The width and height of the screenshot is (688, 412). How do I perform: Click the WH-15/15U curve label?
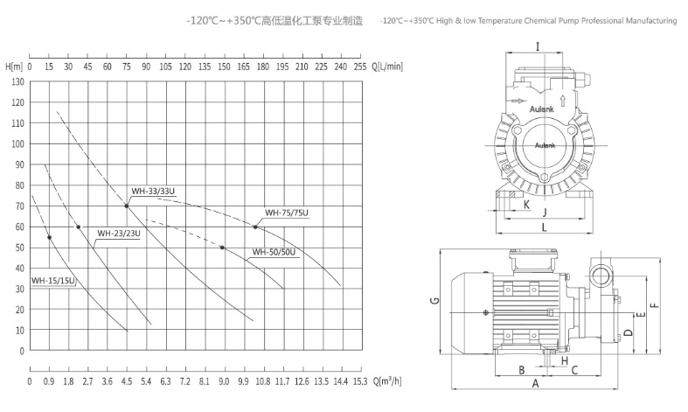(x=53, y=281)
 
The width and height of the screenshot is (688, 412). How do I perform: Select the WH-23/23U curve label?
(x=118, y=234)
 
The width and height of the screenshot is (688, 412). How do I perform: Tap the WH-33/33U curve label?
(x=152, y=191)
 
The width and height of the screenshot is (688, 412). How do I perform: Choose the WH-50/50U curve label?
(x=274, y=253)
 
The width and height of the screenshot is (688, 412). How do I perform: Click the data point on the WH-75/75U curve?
(x=256, y=227)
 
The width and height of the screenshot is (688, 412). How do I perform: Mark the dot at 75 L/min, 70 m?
(x=127, y=206)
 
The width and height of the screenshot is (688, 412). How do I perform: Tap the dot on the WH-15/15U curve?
(x=49, y=237)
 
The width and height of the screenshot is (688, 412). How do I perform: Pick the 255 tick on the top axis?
(x=359, y=66)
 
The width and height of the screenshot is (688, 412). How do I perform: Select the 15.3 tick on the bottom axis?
(x=359, y=381)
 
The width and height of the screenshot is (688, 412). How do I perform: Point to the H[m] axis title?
(x=13, y=66)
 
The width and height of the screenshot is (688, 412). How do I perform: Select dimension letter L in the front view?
(x=543, y=227)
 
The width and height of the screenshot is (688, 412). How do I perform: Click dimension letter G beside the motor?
(x=434, y=303)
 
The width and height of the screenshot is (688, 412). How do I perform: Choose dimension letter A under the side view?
(x=535, y=383)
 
